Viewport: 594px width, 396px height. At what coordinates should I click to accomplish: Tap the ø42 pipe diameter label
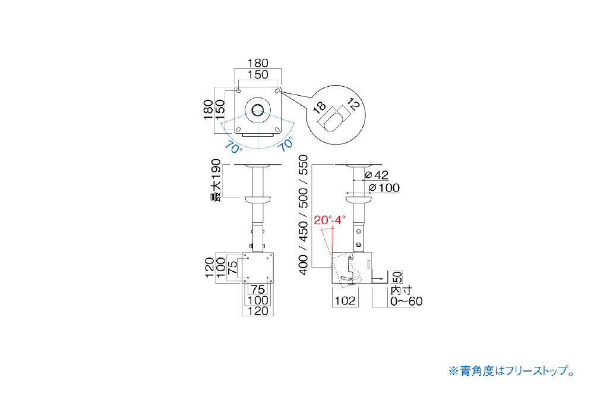coord(377,175)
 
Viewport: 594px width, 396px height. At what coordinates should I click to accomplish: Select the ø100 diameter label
coord(384,188)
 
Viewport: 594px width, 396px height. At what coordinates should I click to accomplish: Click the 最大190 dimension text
coord(215,180)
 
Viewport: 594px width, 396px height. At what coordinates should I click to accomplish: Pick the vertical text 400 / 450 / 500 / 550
coord(304,215)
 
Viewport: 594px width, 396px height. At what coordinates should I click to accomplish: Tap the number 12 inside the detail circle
coord(352,103)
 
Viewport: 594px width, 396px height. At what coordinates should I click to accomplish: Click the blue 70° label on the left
coord(233,147)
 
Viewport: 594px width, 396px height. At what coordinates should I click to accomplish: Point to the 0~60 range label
coord(406,301)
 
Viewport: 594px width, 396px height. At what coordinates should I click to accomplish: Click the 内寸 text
coord(401,291)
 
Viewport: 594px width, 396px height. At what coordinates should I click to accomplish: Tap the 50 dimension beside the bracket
coord(397,277)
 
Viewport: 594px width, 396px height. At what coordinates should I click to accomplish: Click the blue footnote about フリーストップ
coord(512,370)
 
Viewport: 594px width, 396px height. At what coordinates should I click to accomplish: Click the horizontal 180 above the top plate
coord(258,62)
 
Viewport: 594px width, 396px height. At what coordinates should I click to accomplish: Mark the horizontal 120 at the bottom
coord(258,312)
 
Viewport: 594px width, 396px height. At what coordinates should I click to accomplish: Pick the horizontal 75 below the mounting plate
coord(258,290)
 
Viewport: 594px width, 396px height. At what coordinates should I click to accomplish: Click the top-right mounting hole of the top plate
coord(277,91)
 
